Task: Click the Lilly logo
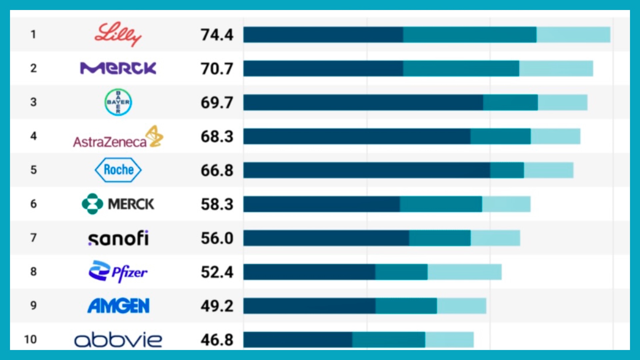pyautogui.click(x=118, y=34)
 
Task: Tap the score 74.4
pyautogui.click(x=217, y=35)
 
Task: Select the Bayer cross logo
pyautogui.click(x=118, y=102)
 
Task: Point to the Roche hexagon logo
pyautogui.click(x=118, y=170)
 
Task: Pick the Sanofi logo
pyautogui.click(x=118, y=238)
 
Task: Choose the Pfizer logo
pyautogui.click(x=118, y=272)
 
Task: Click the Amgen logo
pyautogui.click(x=118, y=306)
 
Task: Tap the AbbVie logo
pyautogui.click(x=118, y=340)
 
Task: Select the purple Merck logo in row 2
pyautogui.click(x=118, y=68)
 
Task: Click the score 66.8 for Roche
pyautogui.click(x=217, y=170)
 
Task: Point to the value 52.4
pyautogui.click(x=217, y=272)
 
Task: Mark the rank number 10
pyautogui.click(x=30, y=339)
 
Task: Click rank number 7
pyautogui.click(x=33, y=238)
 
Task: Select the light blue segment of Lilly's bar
pyautogui.click(x=573, y=35)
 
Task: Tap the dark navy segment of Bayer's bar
pyautogui.click(x=363, y=102)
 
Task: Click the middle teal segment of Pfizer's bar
pyautogui.click(x=401, y=272)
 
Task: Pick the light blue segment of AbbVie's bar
pyautogui.click(x=449, y=340)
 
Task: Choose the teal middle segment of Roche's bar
pyautogui.click(x=507, y=170)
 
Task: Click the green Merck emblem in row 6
pyautogui.click(x=92, y=204)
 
